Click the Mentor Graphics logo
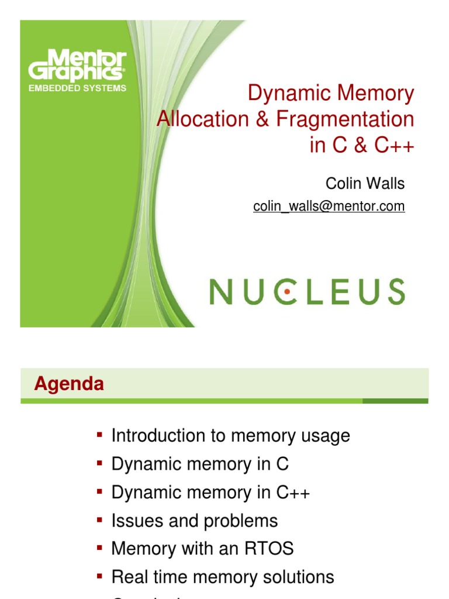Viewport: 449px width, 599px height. pos(76,66)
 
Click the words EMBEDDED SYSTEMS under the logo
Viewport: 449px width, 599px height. pos(78,88)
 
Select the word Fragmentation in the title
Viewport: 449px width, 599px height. pos(345,119)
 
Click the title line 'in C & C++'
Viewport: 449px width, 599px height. pos(361,146)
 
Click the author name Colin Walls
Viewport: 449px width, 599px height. pos(365,184)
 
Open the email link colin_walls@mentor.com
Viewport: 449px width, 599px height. pos(329,206)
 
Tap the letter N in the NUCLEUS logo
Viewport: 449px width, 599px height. pos(221,291)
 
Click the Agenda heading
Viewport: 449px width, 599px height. pos(69,384)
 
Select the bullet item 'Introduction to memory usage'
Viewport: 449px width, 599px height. pos(230,435)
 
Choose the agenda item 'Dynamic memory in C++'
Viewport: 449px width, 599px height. pos(210,493)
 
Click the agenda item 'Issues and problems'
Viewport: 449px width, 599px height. pos(194,521)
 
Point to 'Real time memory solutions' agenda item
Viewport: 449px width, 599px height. pos(222,577)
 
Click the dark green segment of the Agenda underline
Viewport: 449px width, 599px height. pos(395,401)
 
